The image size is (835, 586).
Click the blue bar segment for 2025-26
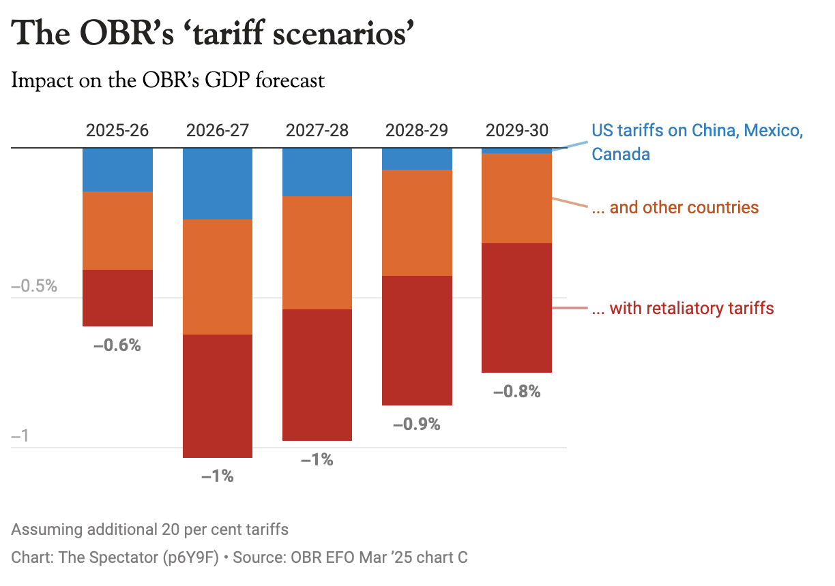click(x=117, y=170)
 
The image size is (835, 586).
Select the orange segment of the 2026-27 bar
click(x=218, y=277)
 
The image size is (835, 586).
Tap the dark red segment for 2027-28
click(x=317, y=375)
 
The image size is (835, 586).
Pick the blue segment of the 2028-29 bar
click(x=417, y=159)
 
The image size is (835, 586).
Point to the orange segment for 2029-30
click(x=516, y=198)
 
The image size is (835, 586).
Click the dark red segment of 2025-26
click(x=117, y=298)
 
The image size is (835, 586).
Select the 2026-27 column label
click(x=218, y=131)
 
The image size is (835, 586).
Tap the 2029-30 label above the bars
click(x=516, y=131)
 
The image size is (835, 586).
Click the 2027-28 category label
click(x=317, y=131)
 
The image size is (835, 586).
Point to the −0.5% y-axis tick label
click(x=34, y=286)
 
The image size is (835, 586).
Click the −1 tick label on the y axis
click(x=20, y=436)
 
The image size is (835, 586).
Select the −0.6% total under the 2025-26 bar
click(x=117, y=345)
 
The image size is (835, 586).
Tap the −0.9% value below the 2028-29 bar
click(x=417, y=425)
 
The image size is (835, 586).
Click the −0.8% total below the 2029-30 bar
click(x=516, y=392)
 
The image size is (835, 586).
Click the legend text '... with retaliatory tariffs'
click(x=682, y=309)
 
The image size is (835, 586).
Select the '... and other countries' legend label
click(x=675, y=207)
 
